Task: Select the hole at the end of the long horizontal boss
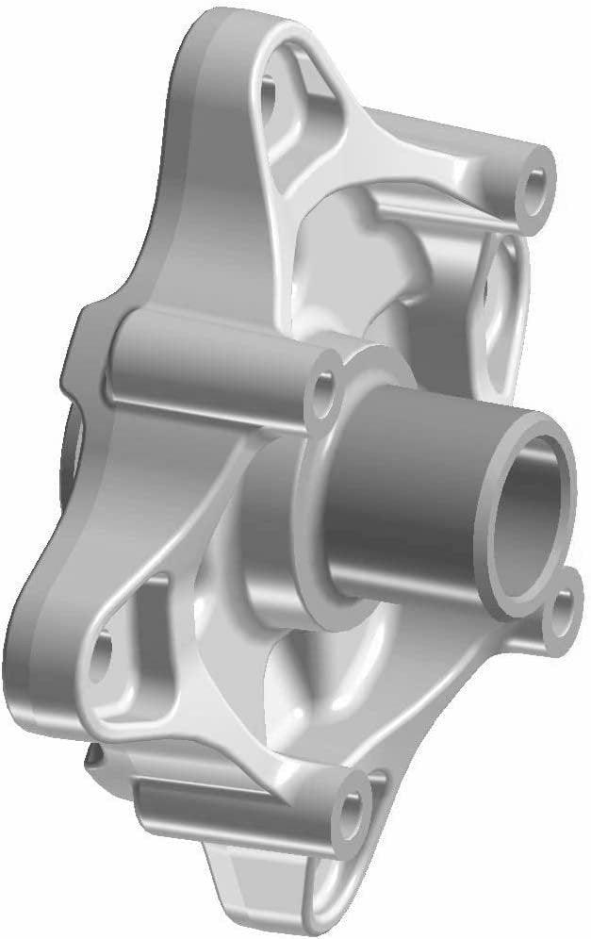click(x=326, y=387)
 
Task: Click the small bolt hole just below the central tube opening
click(x=562, y=612)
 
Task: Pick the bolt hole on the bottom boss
click(x=353, y=809)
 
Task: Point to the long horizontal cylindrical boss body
click(x=207, y=363)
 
